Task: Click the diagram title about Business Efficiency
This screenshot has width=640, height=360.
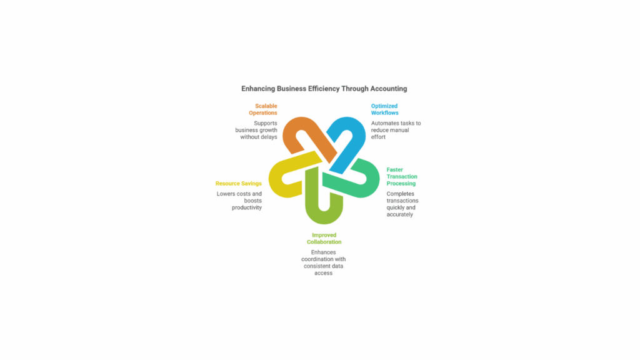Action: [324, 89]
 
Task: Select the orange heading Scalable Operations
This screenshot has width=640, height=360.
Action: [263, 109]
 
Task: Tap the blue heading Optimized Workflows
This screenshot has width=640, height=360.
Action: [384, 109]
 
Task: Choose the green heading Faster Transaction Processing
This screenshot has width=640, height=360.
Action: [402, 176]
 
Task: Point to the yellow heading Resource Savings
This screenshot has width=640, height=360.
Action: [238, 183]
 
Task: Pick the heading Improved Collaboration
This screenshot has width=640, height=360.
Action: [324, 238]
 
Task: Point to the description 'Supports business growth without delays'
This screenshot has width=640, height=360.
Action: [256, 130]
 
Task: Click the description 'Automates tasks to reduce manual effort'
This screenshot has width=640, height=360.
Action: [396, 130]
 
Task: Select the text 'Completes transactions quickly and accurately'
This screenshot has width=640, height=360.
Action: [402, 204]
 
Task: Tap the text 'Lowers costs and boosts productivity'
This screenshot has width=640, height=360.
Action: [239, 201]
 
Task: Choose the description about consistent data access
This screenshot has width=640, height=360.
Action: [324, 262]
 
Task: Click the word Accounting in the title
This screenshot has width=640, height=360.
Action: [389, 89]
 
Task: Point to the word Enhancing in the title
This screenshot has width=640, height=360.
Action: [258, 89]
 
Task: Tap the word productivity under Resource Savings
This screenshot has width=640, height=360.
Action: [247, 207]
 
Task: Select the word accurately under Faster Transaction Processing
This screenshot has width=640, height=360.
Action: [399, 214]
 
